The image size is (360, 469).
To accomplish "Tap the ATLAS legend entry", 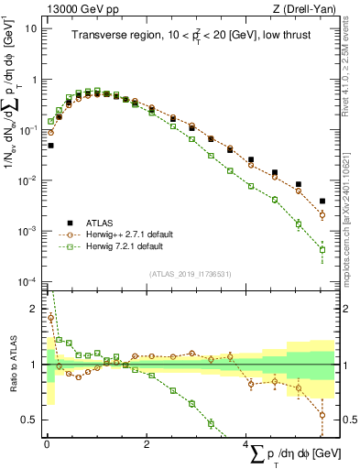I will pos(103,223).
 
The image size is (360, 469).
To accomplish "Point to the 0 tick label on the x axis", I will pos(47,442).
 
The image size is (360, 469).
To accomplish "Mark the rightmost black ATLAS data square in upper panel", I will pos(322,201).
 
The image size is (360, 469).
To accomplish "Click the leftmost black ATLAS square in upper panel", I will pos(51,145).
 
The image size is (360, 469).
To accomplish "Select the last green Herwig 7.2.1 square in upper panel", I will pos(322,249).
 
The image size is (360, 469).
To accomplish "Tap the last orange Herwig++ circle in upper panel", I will pos(322,214).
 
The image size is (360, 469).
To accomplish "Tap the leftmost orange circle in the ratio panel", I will pos(51,318).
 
